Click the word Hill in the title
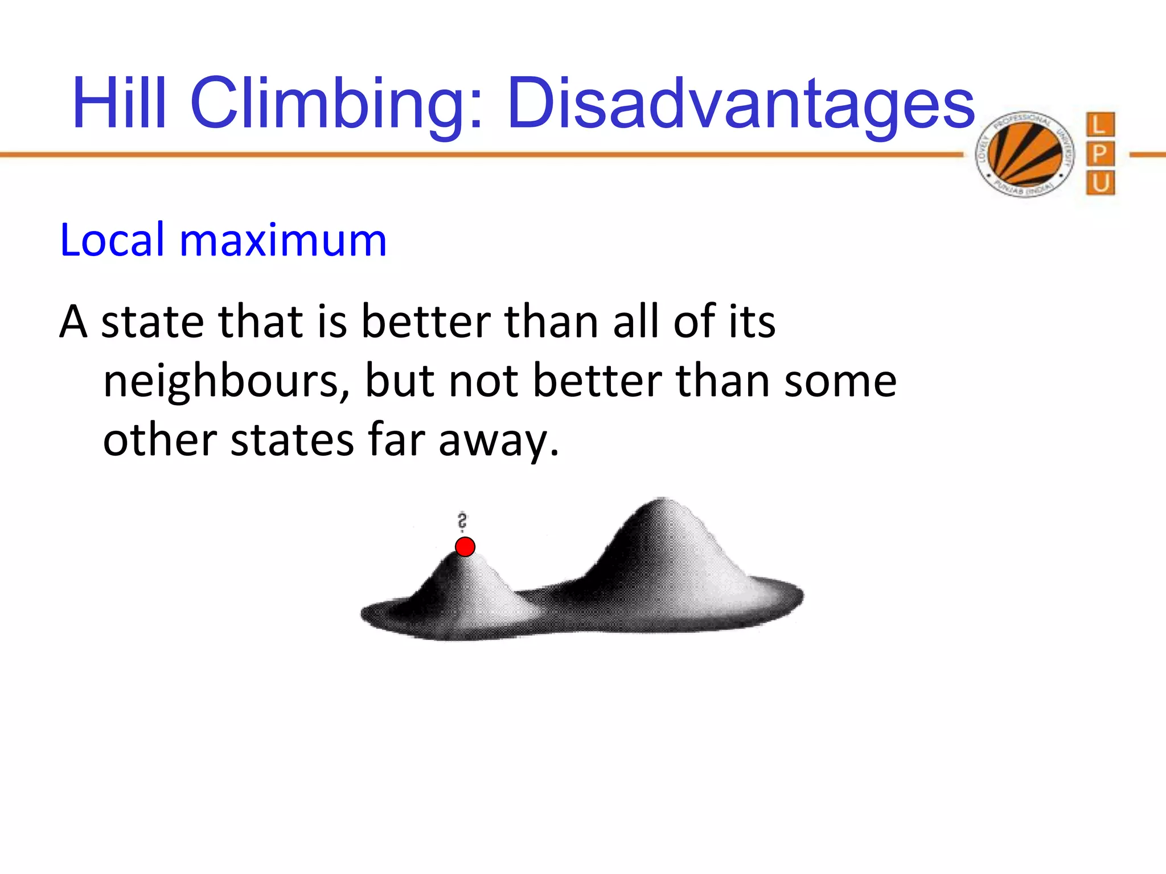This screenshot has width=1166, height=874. [120, 104]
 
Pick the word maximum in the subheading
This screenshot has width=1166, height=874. [283, 240]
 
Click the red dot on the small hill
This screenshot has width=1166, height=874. [465, 547]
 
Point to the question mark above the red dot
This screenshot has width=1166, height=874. [462, 521]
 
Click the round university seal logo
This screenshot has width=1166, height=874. [1024, 154]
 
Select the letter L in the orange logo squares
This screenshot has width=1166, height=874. [1099, 125]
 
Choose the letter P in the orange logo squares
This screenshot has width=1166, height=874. [1099, 154]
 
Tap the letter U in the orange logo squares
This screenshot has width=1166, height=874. [1100, 183]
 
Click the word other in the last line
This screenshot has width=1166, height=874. [160, 440]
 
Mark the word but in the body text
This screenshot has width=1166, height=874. [399, 381]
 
